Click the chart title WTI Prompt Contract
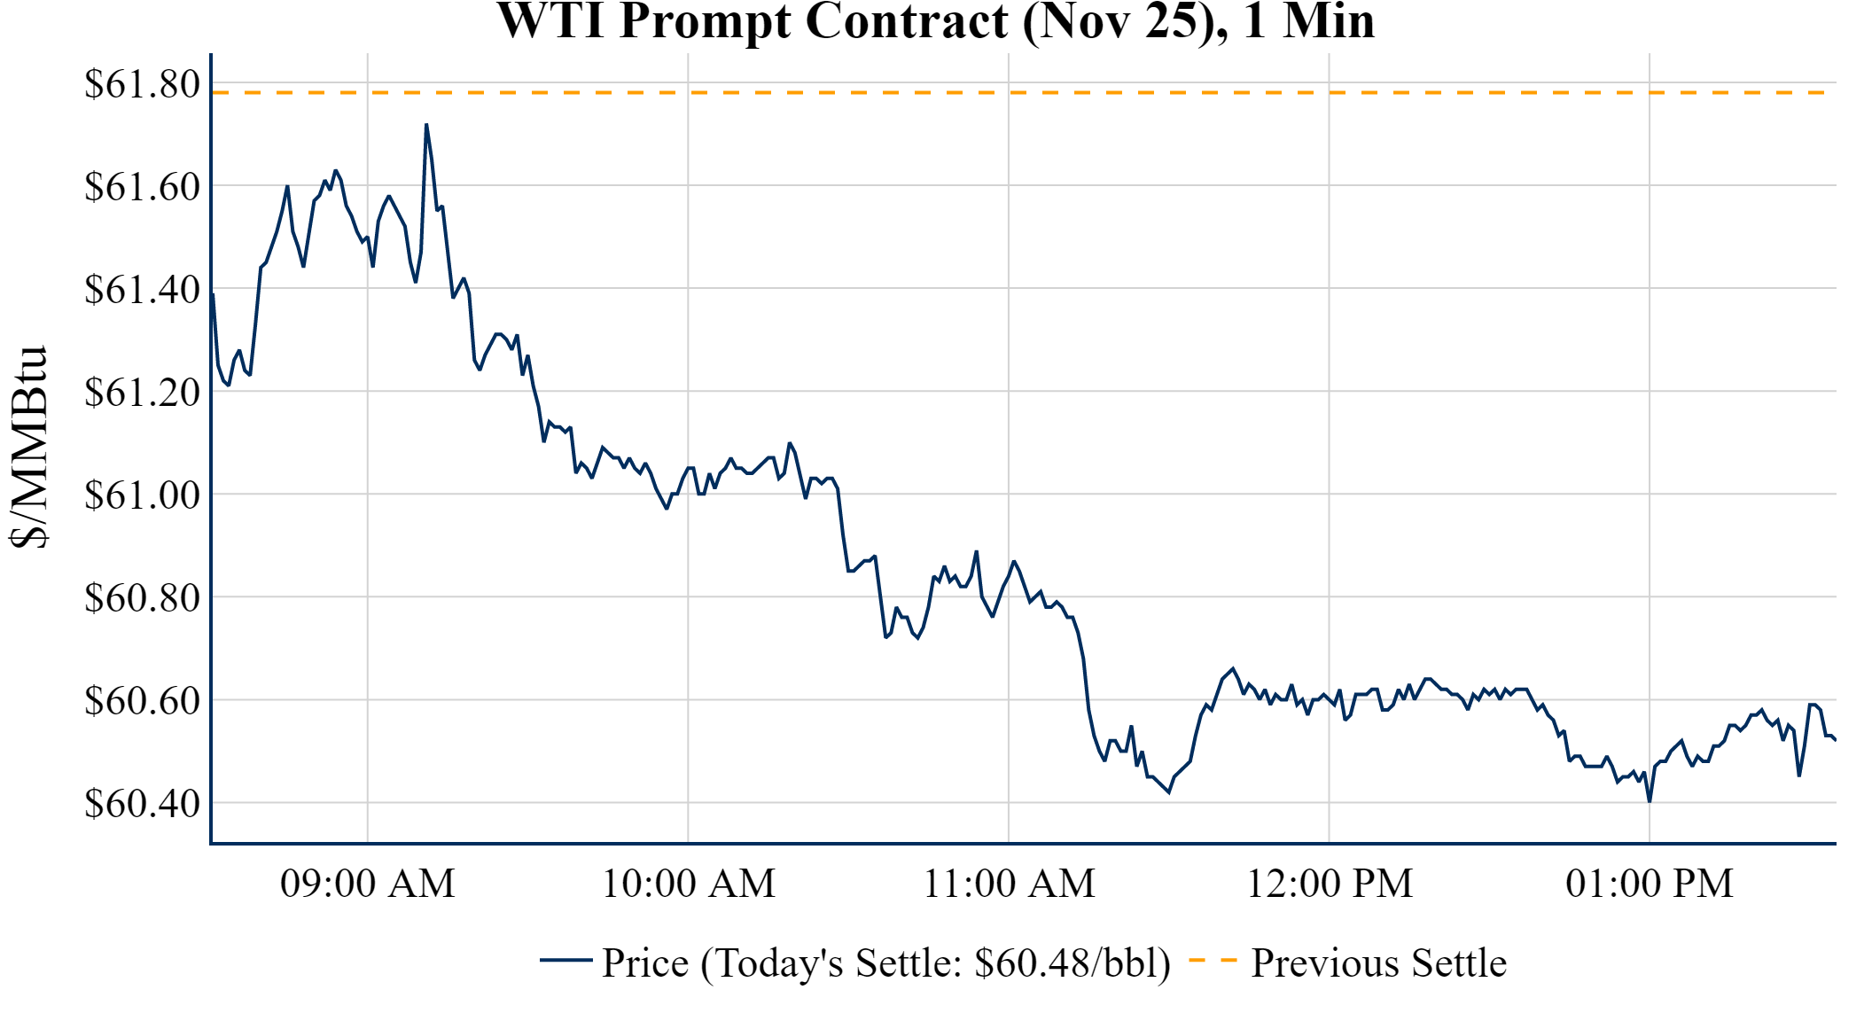click(x=935, y=21)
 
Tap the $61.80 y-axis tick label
click(x=142, y=84)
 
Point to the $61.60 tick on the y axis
click(x=142, y=187)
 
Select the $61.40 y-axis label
click(x=142, y=290)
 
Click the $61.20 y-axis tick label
click(x=142, y=393)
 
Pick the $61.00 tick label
click(x=142, y=495)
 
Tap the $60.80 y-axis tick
click(x=142, y=598)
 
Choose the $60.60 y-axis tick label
click(x=142, y=701)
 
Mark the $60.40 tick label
click(x=142, y=804)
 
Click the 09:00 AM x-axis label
click(x=368, y=884)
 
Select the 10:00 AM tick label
click(x=689, y=884)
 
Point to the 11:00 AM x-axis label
click(x=1009, y=884)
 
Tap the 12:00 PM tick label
click(x=1330, y=884)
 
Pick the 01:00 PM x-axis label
click(x=1650, y=884)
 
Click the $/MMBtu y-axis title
click(x=28, y=448)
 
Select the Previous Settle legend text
click(x=1378, y=963)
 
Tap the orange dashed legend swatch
click(x=1213, y=960)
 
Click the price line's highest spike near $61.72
click(x=426, y=126)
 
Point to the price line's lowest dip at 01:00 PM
click(x=1650, y=800)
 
